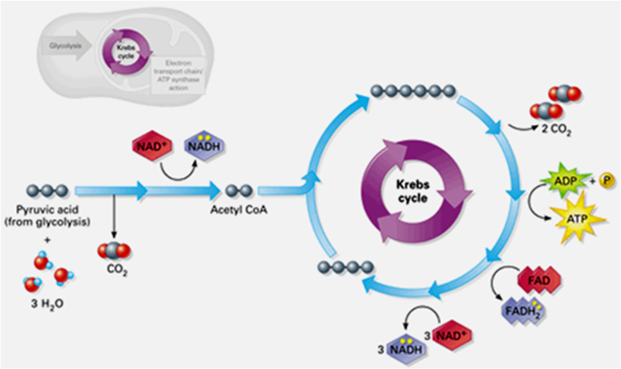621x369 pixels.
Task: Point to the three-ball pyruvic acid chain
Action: click(48, 191)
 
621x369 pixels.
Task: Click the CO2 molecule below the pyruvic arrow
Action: click(113, 252)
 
